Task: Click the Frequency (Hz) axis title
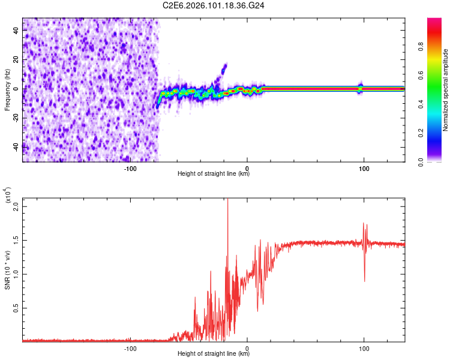click(x=7, y=89)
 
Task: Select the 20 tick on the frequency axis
click(x=17, y=59)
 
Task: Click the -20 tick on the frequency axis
click(x=17, y=117)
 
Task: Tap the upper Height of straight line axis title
click(x=214, y=174)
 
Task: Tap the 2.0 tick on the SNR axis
click(x=17, y=206)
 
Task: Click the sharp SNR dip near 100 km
click(x=364, y=280)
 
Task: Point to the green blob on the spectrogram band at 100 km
click(x=361, y=88)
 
